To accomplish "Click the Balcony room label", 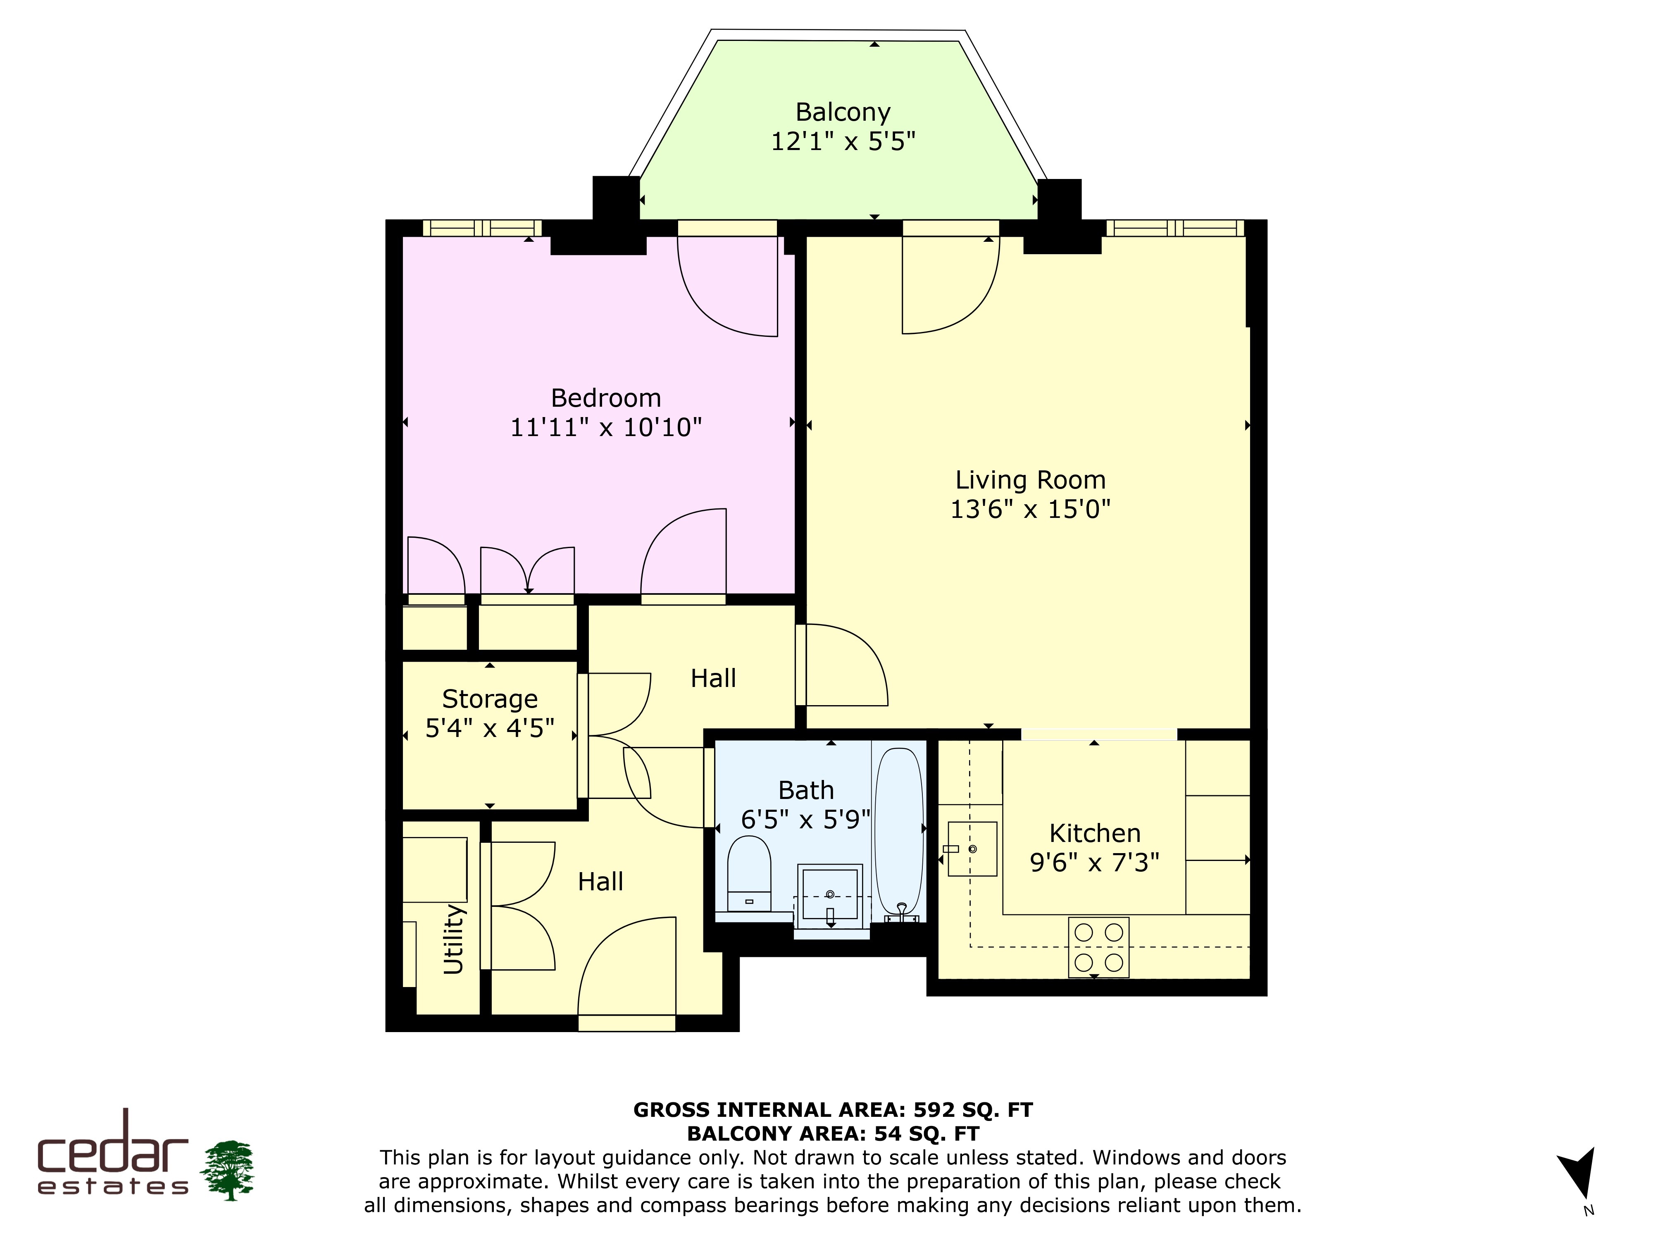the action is click(843, 112).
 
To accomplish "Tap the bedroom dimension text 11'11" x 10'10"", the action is click(606, 427).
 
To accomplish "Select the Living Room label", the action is click(1031, 480).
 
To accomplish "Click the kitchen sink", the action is click(972, 849).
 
